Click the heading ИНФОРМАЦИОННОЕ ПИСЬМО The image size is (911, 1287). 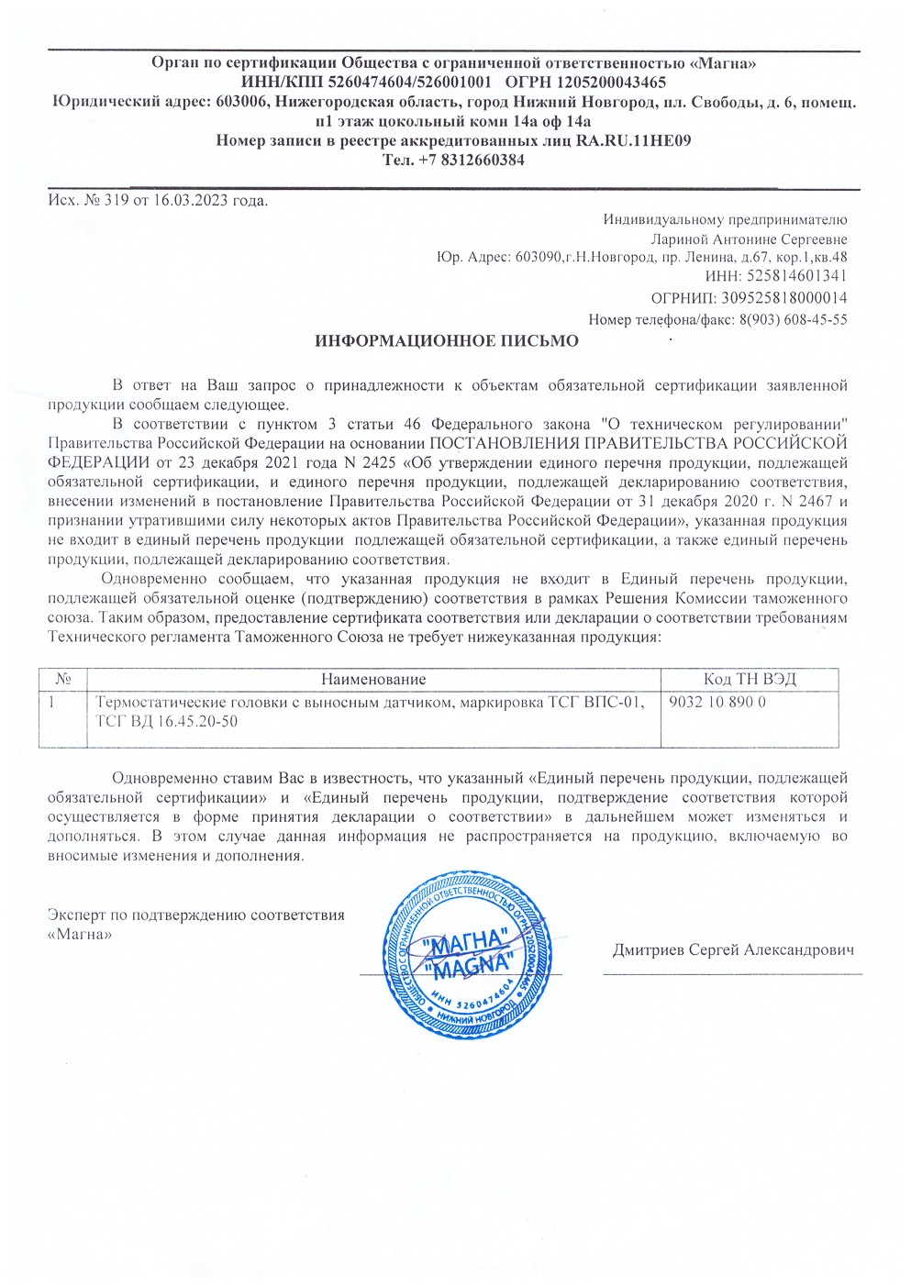[x=447, y=341]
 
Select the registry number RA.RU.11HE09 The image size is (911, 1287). [x=634, y=140]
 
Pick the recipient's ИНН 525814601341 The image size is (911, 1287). [x=797, y=275]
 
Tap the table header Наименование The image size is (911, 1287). [x=373, y=680]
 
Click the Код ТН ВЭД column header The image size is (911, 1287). [x=749, y=680]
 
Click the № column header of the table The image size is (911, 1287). [x=63, y=680]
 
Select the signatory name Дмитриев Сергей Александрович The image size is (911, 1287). [x=733, y=949]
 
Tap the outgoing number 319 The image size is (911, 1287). [x=117, y=200]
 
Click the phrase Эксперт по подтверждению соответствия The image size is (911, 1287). [x=195, y=915]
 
